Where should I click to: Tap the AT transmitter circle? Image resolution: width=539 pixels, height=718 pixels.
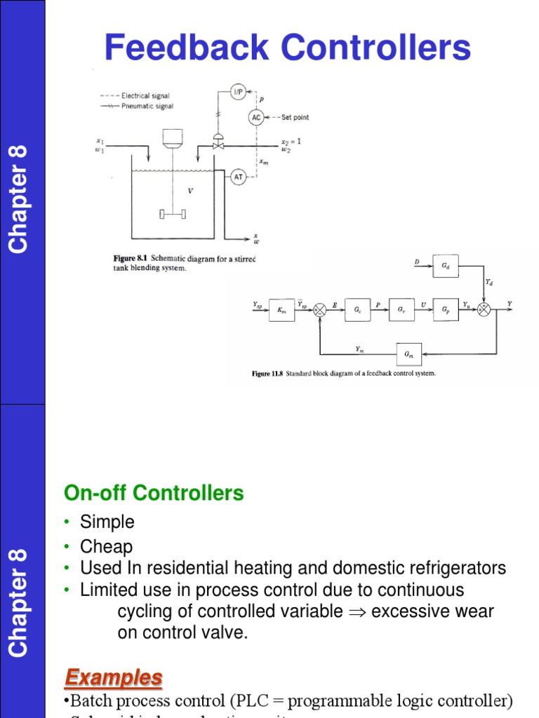(x=239, y=177)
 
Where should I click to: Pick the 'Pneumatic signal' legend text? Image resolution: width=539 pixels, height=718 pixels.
(x=147, y=106)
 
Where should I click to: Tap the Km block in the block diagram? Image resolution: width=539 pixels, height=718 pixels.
(x=281, y=309)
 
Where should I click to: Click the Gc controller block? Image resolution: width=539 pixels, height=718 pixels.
(x=357, y=309)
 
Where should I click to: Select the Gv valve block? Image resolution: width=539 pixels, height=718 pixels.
(x=401, y=309)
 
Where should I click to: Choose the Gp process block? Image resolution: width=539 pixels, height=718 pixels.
(x=446, y=309)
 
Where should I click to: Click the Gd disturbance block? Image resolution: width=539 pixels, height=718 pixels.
(x=446, y=266)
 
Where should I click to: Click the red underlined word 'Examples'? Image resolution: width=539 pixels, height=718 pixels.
(x=114, y=678)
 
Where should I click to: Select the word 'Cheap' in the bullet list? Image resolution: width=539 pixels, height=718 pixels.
(x=106, y=546)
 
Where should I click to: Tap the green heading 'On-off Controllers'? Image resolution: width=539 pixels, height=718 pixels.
(x=154, y=494)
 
